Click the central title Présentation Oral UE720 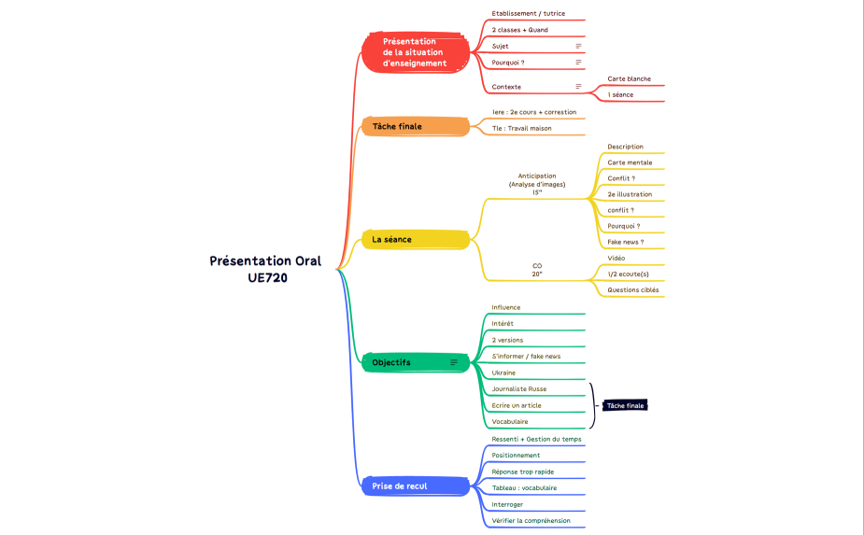coord(265,269)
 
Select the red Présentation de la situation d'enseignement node coord(416,52)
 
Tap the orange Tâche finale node coord(416,126)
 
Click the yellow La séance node coord(416,239)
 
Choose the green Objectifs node coord(416,362)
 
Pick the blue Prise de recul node coord(416,486)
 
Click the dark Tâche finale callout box coord(625,405)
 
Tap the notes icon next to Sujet coord(578,47)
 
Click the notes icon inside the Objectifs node coord(454,362)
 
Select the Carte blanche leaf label coord(630,78)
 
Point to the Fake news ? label coord(626,242)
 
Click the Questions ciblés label coord(633,289)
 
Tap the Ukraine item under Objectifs coord(503,373)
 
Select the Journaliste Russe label coord(519,389)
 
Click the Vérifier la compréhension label coord(531,521)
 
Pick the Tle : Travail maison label coord(522,128)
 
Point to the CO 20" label coord(537,270)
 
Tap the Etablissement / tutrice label coord(529,13)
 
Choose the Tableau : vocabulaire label coord(524,488)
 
